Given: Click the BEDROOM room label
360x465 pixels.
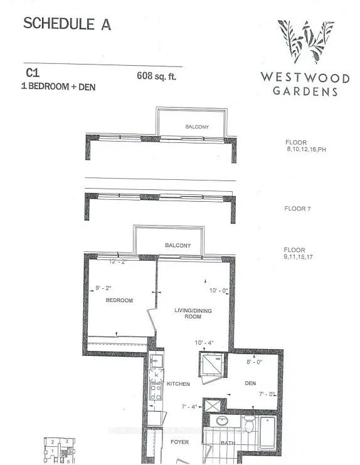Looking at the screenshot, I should (x=119, y=301).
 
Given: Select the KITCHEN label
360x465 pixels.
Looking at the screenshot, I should (x=178, y=383).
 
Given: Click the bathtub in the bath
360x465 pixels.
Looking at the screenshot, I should (x=267, y=432).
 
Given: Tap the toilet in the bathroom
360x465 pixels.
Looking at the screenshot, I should (x=248, y=427).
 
